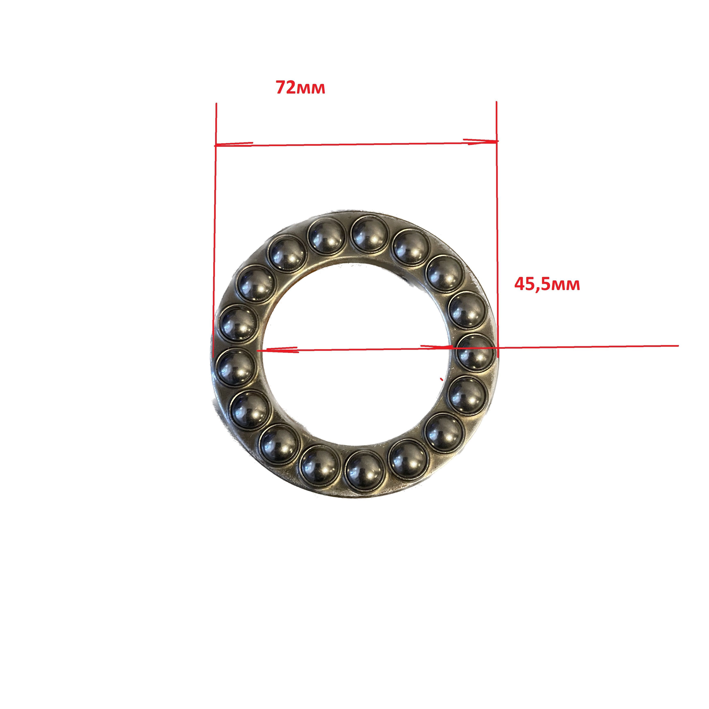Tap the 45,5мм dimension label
pyautogui.click(x=547, y=285)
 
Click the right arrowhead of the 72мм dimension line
pyautogui.click(x=481, y=141)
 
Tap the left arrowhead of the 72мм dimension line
pyautogui.click(x=234, y=144)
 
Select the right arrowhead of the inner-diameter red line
pyautogui.click(x=437, y=347)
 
